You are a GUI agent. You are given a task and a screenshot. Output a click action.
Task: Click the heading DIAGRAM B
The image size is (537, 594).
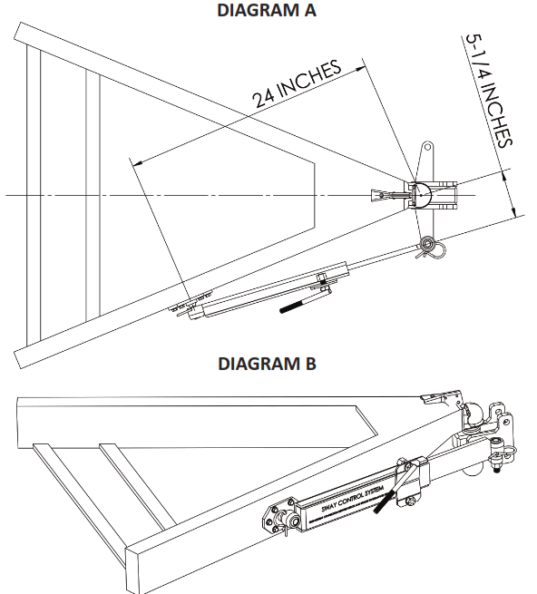coord(268,365)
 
